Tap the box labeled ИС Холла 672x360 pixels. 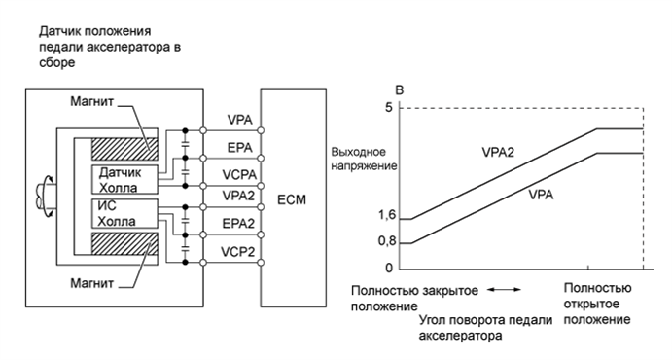coord(117,213)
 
